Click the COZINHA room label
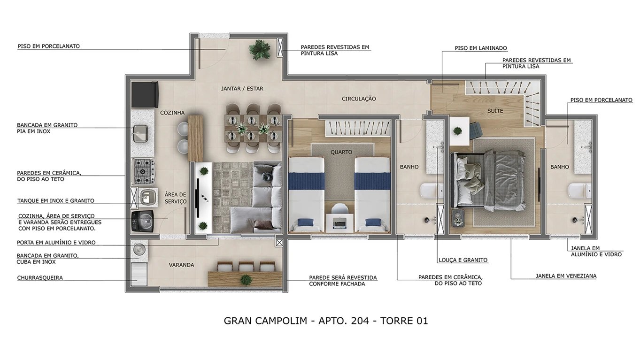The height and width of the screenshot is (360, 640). (172, 113)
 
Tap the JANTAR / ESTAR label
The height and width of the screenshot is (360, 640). (242, 89)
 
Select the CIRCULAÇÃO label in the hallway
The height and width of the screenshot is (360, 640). (359, 99)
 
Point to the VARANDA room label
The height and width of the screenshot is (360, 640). (181, 265)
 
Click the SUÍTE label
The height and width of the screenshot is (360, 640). (495, 111)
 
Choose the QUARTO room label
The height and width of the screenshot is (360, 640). (341, 152)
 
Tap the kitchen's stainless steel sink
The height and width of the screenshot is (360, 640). (140, 133)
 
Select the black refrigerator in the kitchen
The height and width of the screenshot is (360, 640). (145, 94)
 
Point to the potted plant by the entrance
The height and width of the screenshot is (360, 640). (258, 49)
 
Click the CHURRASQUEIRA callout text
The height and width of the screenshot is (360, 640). (40, 278)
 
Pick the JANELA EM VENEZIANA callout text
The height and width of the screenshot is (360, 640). (566, 276)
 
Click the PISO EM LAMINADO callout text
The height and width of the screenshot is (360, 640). (481, 48)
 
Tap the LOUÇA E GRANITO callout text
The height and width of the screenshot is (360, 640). (463, 260)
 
